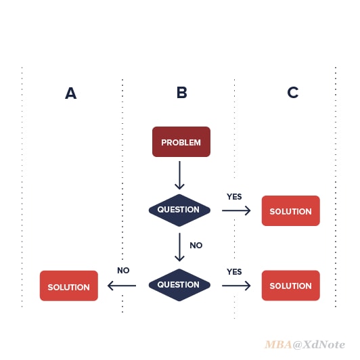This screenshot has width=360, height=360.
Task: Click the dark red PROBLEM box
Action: point(181,142)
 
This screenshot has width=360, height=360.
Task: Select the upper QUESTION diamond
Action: point(179,210)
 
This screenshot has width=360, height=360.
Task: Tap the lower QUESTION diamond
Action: point(179,285)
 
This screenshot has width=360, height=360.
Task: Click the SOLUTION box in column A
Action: point(69,286)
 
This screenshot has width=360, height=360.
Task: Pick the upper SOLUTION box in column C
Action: point(291,210)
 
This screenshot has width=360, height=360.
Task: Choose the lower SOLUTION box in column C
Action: point(291,286)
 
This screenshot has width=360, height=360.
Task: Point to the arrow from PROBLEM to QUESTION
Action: point(179,175)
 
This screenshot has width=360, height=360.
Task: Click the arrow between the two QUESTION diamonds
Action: point(179,247)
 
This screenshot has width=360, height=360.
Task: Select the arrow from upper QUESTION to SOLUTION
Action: point(236,210)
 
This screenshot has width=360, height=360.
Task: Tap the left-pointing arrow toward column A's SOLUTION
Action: point(122,286)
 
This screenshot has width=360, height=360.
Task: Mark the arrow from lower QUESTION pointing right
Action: point(236,286)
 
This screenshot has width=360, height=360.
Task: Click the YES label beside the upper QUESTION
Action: point(234,197)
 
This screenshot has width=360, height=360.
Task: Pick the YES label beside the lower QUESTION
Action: point(234,272)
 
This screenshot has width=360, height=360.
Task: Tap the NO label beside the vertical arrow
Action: point(196,246)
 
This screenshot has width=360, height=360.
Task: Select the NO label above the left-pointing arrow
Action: point(123,271)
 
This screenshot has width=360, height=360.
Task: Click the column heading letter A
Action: point(70,93)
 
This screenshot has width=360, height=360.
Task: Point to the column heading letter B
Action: point(182,93)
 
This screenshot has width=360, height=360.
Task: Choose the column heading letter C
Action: point(293,93)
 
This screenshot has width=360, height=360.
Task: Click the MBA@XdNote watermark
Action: point(305,344)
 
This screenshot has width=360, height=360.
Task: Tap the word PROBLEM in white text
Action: point(181,143)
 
